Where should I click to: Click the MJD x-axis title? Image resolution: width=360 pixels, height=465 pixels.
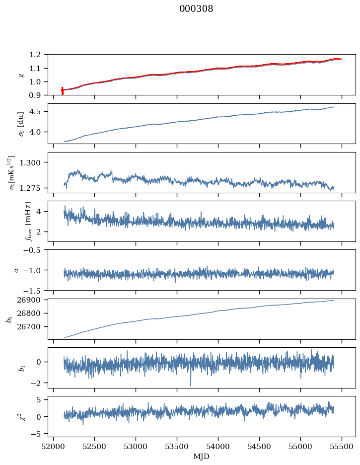click(202, 457)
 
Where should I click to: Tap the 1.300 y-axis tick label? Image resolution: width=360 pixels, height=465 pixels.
click(34, 162)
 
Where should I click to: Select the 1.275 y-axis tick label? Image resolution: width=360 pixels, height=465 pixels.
click(34, 188)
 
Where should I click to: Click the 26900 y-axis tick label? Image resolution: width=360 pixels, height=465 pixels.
click(33, 300)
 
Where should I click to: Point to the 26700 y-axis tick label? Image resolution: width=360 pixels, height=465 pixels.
click(33, 327)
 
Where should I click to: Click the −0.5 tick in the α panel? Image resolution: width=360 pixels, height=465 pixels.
click(35, 250)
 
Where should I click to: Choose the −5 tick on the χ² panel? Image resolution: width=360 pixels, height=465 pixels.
click(39, 434)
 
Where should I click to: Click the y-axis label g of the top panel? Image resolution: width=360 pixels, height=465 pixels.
click(21, 75)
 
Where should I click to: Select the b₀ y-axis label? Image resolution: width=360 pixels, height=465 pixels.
click(9, 318)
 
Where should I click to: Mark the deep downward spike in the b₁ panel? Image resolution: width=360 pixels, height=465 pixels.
click(190, 385)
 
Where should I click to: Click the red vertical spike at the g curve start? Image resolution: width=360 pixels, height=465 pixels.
click(62, 91)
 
